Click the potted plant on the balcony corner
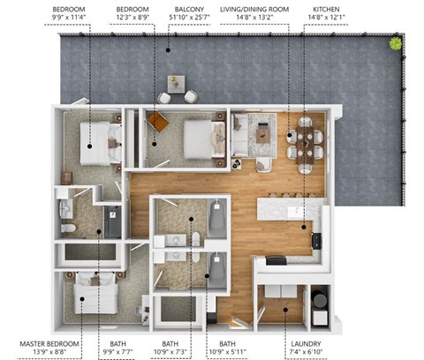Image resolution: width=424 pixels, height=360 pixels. coord(395,43)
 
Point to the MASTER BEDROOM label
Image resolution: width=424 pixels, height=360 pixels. coord(49,343)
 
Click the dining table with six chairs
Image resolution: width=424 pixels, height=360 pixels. coord(305,139)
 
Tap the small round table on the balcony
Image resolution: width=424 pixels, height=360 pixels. coord(174,82)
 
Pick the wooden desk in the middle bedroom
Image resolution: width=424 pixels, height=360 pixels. coord(156,122)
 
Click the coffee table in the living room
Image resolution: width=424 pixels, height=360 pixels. coord(262,135)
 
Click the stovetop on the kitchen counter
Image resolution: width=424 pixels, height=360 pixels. coord(275,259)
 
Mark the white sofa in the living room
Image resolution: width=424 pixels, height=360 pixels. coord(238,137)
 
